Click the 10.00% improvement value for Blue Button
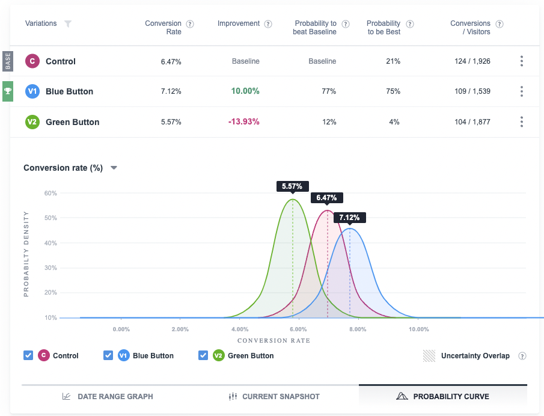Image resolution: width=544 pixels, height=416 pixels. (x=245, y=91)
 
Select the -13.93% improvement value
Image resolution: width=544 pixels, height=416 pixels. (x=243, y=122)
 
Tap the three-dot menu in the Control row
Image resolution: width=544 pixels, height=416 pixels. (x=521, y=61)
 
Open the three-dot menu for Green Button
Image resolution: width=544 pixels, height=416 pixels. (x=521, y=122)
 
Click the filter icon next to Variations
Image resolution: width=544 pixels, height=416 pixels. (x=68, y=24)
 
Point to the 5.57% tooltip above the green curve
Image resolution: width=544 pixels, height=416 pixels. (x=293, y=186)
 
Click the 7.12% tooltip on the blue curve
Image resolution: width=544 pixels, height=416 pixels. (x=350, y=218)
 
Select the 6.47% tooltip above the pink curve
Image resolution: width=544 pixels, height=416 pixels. (x=327, y=197)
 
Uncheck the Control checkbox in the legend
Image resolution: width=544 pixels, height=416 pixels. (x=28, y=355)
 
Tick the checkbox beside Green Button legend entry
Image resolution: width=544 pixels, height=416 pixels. (x=203, y=355)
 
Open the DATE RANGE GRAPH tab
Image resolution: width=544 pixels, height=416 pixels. (x=108, y=397)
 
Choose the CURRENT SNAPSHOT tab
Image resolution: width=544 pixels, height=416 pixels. (x=274, y=397)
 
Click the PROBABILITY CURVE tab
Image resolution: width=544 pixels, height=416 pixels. (x=442, y=397)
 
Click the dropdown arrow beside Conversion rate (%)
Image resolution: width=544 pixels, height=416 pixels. (x=114, y=168)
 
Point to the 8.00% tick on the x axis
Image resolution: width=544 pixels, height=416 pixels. (x=358, y=329)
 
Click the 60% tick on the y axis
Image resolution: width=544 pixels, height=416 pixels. (x=50, y=193)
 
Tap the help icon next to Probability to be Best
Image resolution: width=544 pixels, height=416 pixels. (x=410, y=24)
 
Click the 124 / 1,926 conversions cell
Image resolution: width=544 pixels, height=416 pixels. (x=472, y=61)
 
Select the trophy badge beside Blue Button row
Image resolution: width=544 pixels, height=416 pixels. (x=7, y=91)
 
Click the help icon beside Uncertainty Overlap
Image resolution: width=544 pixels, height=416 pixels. (x=522, y=356)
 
